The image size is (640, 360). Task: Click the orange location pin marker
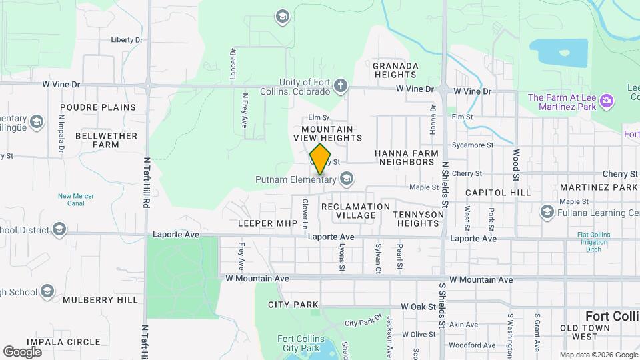click(321, 159)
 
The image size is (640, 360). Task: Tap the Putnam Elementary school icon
click(346, 178)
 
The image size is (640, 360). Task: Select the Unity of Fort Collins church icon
click(341, 85)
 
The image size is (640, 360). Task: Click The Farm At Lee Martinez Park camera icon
click(607, 101)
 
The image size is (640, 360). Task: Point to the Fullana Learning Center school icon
click(547, 212)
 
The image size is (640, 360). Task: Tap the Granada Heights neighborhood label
click(395, 71)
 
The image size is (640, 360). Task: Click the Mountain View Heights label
click(331, 133)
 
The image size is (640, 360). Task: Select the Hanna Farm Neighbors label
click(407, 157)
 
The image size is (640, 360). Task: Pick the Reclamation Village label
click(355, 211)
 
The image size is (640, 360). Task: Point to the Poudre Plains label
click(97, 107)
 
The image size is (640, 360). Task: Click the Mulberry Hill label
click(100, 300)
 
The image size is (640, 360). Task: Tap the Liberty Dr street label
click(127, 40)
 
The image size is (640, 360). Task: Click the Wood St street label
click(516, 165)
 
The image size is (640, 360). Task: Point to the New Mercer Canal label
click(75, 200)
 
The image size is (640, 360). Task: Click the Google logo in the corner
click(22, 351)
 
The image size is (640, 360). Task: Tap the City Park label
click(293, 305)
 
